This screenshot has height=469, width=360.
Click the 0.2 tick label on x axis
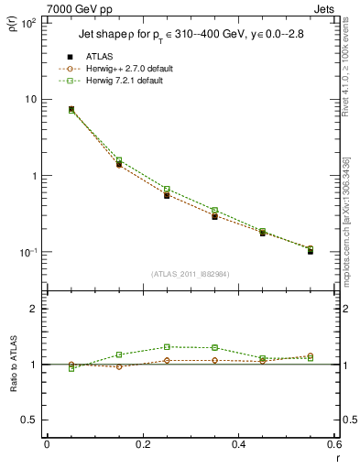point(142,444)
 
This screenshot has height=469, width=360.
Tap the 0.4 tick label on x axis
point(238,444)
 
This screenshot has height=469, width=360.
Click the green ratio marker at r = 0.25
point(167,347)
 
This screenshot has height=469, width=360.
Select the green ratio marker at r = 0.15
point(119,354)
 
